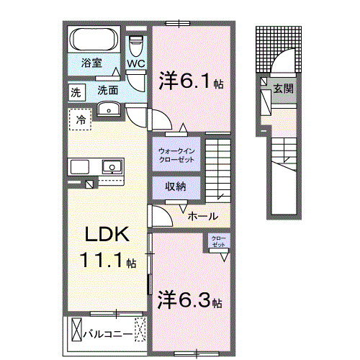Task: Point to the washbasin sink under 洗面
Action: [108, 109]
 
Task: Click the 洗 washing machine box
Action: [76, 91]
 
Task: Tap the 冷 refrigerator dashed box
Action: [81, 120]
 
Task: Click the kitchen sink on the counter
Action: [112, 167]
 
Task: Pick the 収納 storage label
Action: [176, 186]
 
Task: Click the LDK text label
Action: [108, 235]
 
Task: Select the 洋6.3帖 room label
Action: [189, 298]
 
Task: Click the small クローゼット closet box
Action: [217, 243]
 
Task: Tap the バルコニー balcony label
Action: [107, 334]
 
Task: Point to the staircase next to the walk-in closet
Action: [218, 164]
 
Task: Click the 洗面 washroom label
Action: [108, 91]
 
